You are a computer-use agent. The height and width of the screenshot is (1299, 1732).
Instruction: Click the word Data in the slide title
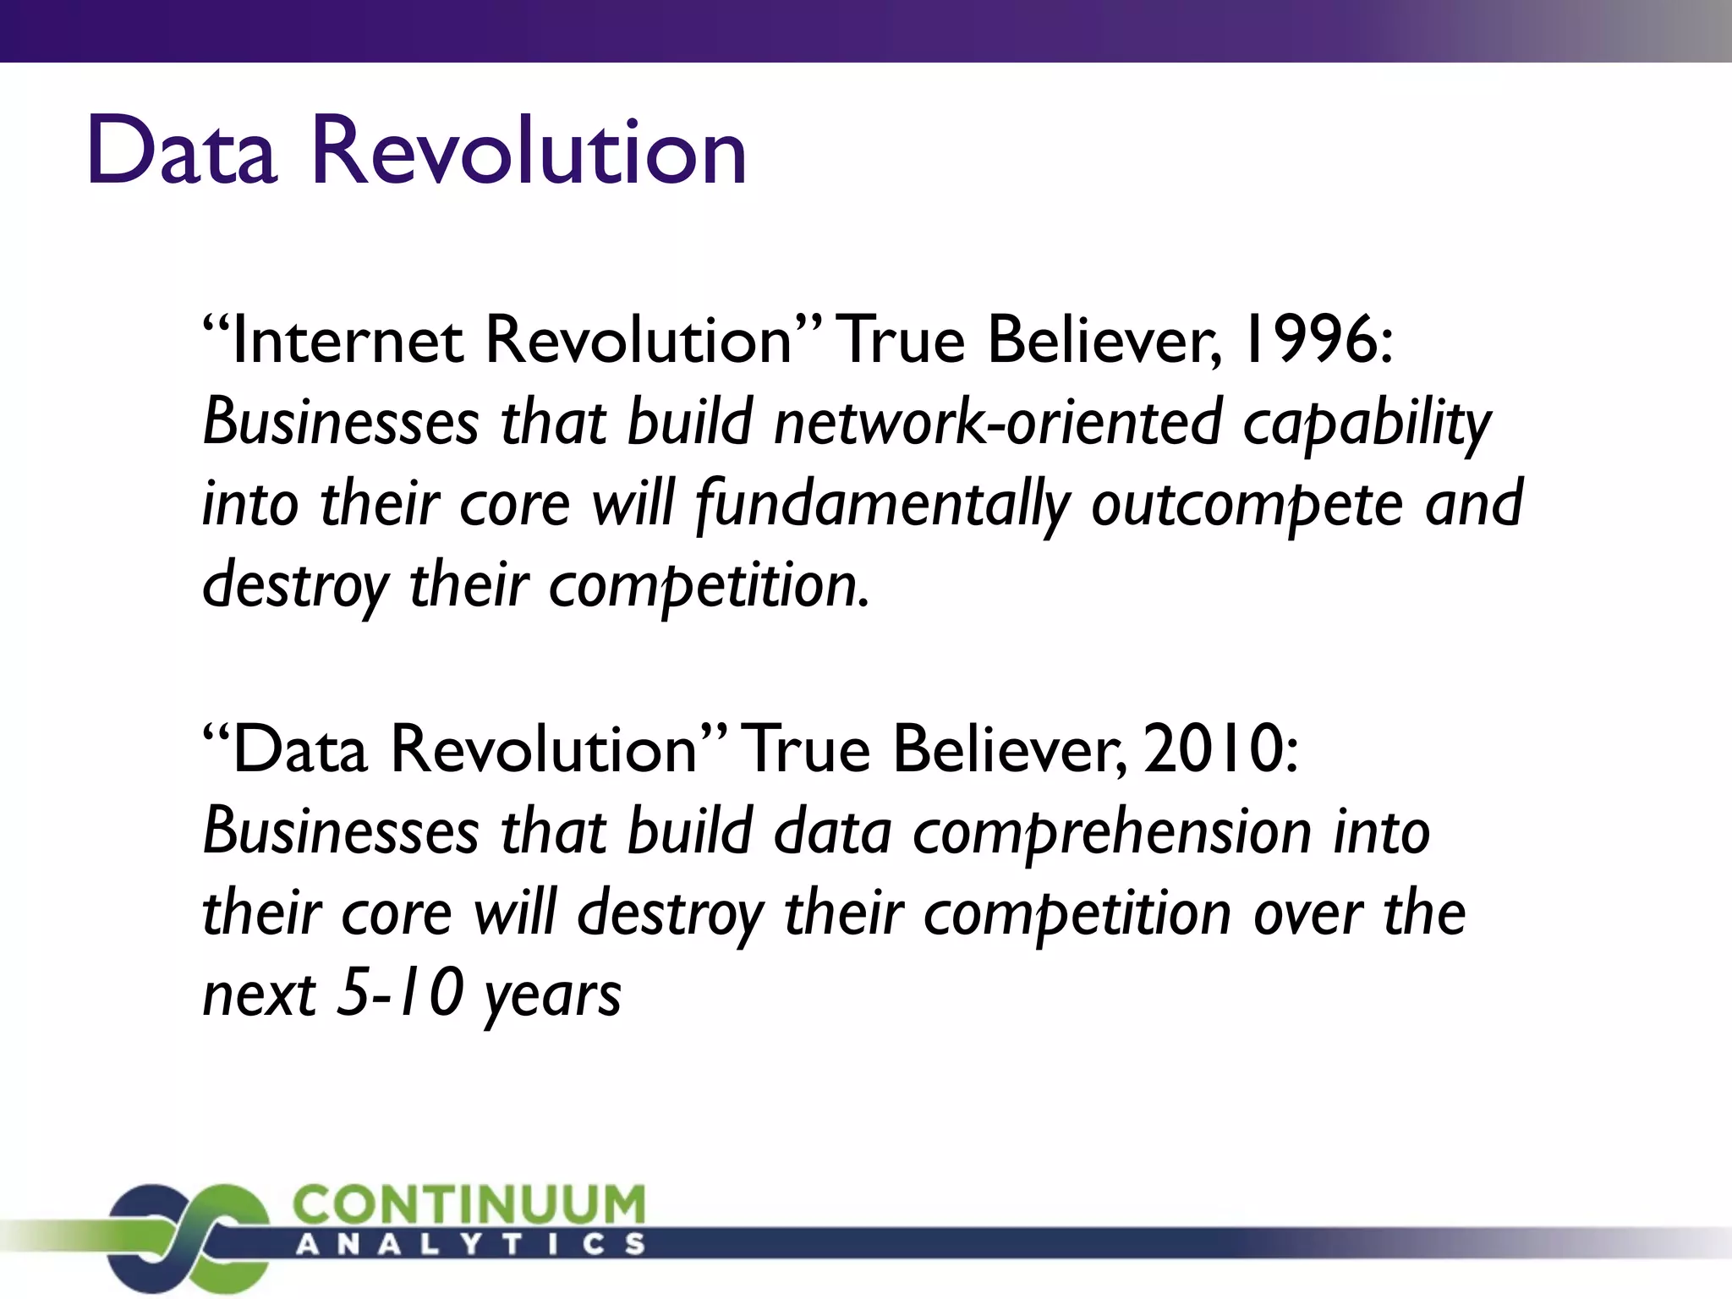coord(182,152)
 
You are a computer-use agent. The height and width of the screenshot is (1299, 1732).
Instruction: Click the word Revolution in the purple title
coord(529,152)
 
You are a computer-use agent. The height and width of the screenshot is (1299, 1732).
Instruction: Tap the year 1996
coord(1316,341)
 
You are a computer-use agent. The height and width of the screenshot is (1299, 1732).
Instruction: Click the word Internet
coord(347,341)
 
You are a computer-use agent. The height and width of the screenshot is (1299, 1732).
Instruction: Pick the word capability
coord(1367,423)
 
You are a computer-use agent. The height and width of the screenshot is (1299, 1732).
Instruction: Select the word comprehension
coord(1112,832)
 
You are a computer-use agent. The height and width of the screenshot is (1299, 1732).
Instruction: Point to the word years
coord(552,996)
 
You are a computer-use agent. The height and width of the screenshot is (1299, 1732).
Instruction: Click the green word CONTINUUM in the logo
coord(469,1203)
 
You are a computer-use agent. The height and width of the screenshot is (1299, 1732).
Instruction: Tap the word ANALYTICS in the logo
coord(470,1245)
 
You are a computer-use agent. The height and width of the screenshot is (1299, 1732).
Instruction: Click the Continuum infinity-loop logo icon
coord(187,1235)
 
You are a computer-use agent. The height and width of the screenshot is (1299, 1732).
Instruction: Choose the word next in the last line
coord(259,993)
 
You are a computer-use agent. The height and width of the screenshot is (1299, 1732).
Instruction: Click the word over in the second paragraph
coord(1307,913)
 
